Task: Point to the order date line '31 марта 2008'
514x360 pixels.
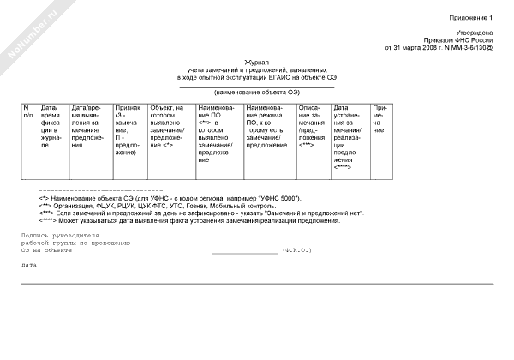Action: click(439, 48)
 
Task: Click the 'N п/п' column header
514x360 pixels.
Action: click(29, 111)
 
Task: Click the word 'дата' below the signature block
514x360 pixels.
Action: click(29, 265)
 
